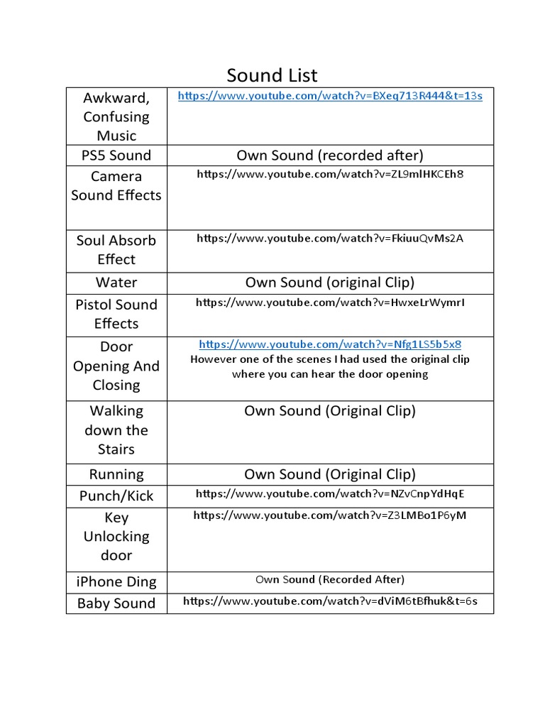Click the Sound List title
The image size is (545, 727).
coord(272,75)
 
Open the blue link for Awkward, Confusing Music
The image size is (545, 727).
coord(329,95)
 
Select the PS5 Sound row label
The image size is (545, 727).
coord(116,155)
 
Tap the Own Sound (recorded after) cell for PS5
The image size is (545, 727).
coord(329,155)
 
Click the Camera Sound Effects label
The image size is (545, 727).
coord(116,186)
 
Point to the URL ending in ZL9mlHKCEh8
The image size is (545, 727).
coord(329,174)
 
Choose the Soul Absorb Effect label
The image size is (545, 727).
coord(116,250)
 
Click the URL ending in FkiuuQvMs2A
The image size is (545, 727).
coord(329,239)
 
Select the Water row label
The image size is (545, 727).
coord(116,283)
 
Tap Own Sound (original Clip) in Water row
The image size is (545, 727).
coord(329,283)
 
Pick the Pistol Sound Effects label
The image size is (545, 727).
coord(116,314)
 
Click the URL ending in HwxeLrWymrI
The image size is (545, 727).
coord(329,302)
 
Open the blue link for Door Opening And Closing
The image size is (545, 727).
coord(329,344)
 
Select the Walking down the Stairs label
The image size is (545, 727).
coord(116,430)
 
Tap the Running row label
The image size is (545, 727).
coord(116,474)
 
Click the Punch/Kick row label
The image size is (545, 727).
coord(116,496)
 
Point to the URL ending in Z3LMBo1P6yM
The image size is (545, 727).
coord(329,515)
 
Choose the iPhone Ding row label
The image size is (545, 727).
coord(116,581)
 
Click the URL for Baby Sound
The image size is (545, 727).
coord(329,601)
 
